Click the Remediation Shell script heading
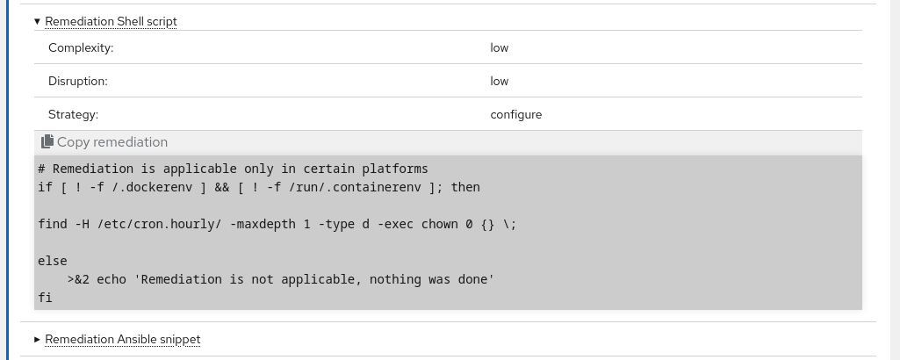111,22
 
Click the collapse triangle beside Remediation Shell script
37,22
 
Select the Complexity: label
81,47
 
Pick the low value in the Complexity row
500,47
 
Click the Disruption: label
78,81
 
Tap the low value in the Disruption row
500,81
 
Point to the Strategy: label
74,114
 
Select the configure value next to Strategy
516,114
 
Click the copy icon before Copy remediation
47,141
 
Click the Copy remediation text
112,142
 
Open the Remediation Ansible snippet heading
123,339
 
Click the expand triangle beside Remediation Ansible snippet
37,339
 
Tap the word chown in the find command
440,224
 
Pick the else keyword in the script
53,261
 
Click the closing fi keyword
46,298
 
